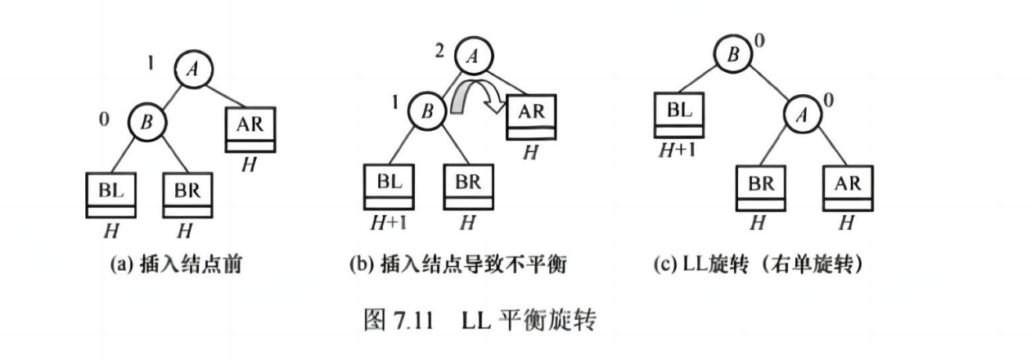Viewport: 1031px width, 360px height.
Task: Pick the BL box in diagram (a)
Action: pyautogui.click(x=110, y=194)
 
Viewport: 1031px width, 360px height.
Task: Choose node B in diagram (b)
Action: pyautogui.click(x=425, y=111)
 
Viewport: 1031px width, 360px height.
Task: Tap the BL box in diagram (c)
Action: pyautogui.click(x=679, y=115)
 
